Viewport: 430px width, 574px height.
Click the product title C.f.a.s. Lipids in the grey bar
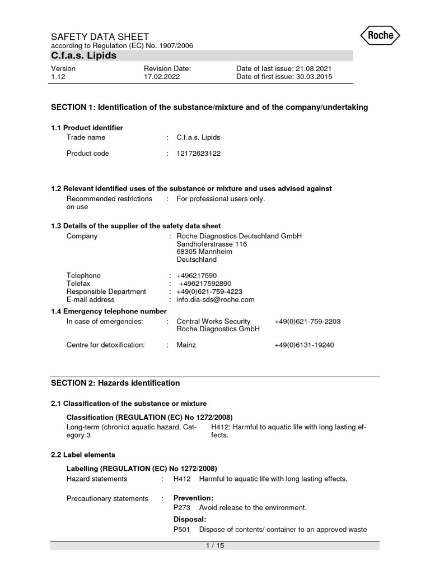[84, 55]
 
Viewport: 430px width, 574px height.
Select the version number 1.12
[58, 77]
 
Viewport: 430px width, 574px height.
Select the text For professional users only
[219, 199]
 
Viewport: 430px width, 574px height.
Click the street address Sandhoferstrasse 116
[212, 244]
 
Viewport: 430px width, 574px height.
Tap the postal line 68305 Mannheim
[204, 252]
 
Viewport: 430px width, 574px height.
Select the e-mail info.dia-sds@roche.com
[216, 299]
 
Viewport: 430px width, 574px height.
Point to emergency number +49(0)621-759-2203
[307, 322]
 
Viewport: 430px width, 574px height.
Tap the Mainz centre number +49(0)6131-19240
[304, 345]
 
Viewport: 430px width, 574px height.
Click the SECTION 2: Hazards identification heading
[115, 383]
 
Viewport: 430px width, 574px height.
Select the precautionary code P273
[182, 508]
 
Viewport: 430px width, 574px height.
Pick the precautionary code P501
[182, 530]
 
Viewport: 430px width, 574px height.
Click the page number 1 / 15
[215, 546]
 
